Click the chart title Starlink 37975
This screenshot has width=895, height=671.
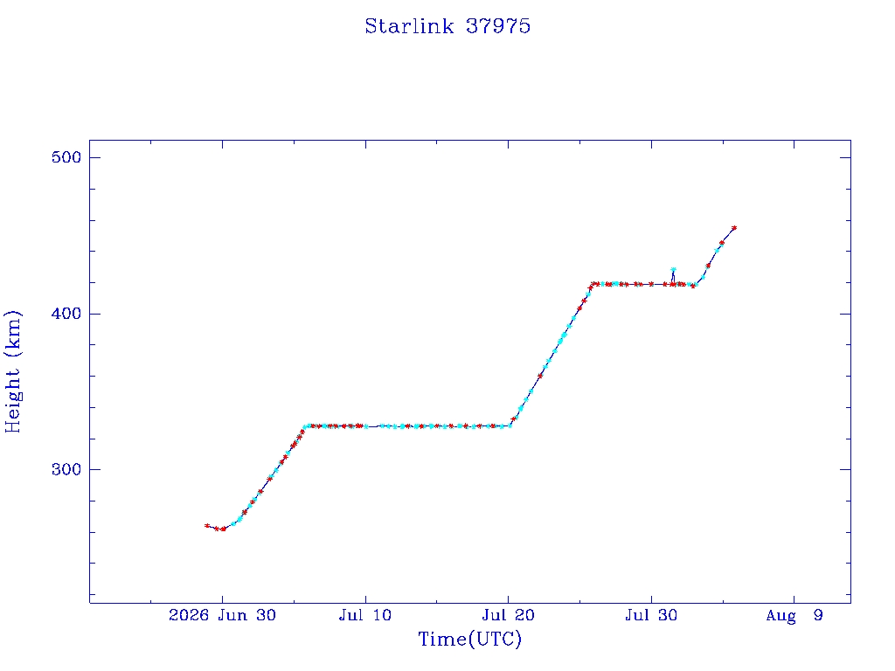447,26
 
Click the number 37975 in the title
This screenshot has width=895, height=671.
498,26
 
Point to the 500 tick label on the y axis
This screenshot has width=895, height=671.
66,157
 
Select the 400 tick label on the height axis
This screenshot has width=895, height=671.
66,314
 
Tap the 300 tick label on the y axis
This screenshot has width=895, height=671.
66,469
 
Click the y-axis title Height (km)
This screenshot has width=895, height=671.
12,371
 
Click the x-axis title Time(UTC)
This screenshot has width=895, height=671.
469,639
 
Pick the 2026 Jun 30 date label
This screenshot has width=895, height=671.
222,615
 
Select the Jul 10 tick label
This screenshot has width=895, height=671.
365,615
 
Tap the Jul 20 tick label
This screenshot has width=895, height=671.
508,615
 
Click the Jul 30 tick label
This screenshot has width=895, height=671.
651,615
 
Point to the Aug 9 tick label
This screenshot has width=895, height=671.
794,615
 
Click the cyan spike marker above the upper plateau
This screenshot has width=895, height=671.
674,269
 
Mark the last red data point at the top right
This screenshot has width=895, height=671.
734,228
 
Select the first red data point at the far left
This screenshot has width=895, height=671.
207,525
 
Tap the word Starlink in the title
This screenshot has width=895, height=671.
409,26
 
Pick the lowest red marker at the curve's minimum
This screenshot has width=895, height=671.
223,529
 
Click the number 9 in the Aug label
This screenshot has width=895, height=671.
818,615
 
